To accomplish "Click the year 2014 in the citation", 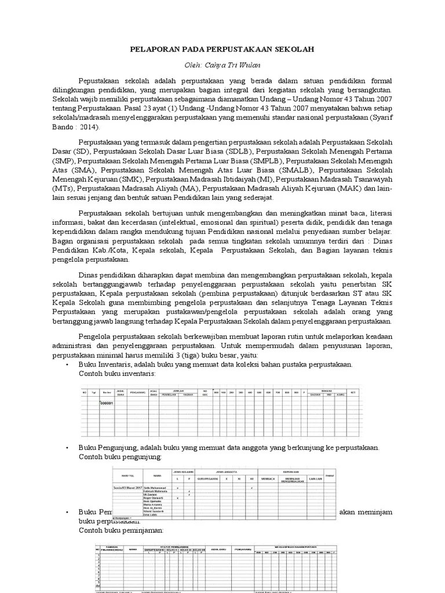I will point(87,127).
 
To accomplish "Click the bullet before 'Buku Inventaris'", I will point(68,365).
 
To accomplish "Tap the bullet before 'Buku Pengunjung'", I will point(68,448).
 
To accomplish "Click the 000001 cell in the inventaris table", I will point(107,402).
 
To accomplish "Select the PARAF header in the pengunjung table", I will point(329,476).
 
